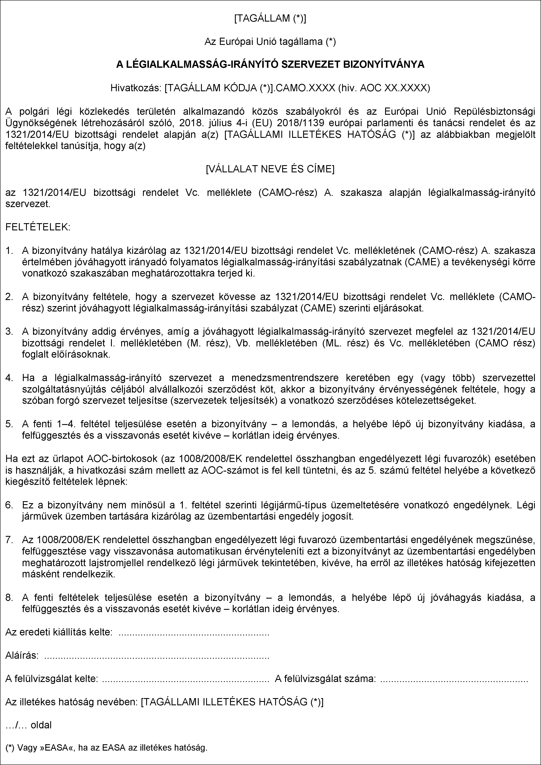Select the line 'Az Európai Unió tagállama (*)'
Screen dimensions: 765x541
click(x=270, y=42)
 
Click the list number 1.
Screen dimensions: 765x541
click(x=9, y=250)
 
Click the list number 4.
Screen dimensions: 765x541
click(x=9, y=378)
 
